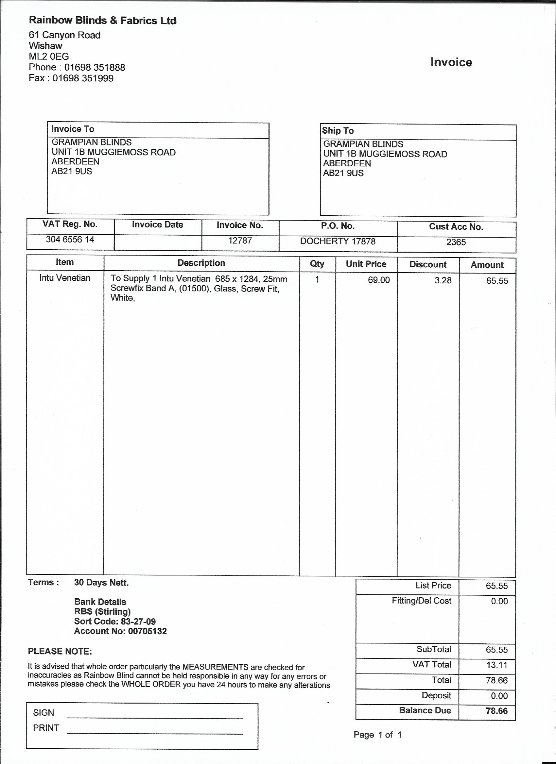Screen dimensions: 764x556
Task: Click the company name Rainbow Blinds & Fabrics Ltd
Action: (102, 21)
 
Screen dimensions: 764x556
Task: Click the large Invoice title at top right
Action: (451, 62)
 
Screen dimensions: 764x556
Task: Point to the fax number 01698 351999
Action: (83, 78)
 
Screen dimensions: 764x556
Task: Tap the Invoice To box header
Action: (73, 129)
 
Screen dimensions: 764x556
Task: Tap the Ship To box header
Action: (338, 131)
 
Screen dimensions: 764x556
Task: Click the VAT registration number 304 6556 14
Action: (70, 240)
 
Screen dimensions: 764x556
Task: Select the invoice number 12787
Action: (240, 241)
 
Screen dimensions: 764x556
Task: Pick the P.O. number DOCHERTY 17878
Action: (338, 241)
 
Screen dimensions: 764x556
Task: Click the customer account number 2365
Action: (456, 242)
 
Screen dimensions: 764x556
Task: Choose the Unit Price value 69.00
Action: (379, 280)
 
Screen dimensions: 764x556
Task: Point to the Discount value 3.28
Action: (443, 280)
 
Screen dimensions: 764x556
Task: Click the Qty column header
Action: (317, 264)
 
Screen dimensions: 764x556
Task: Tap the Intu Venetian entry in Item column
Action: (65, 278)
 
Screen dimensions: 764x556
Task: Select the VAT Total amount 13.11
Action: (497, 665)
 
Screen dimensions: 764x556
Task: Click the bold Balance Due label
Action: (425, 710)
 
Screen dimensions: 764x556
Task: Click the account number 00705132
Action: (148, 631)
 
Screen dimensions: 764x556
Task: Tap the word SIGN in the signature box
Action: (43, 713)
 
